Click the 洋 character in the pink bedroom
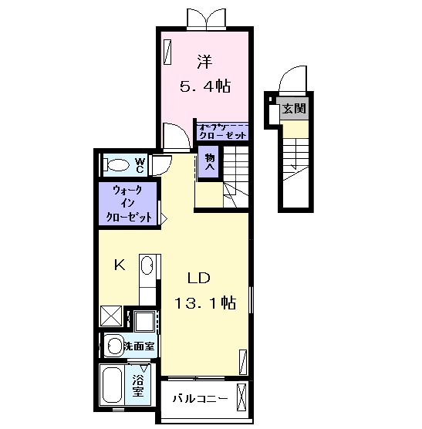click(204, 59)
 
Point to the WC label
click(140, 164)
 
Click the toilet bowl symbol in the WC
click(118, 164)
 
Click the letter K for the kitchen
click(120, 265)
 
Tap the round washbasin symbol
click(114, 346)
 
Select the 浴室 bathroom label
click(138, 385)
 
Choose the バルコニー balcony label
click(199, 400)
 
